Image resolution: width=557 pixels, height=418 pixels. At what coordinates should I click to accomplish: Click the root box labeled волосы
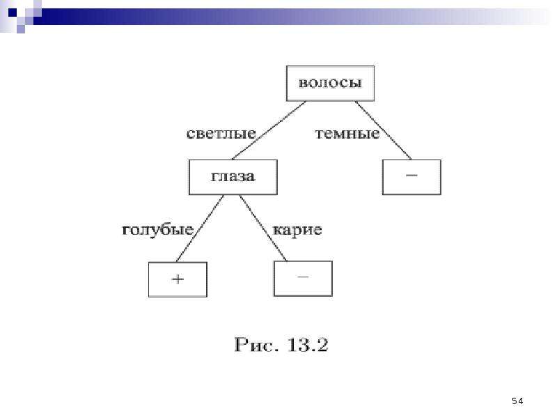point(330,83)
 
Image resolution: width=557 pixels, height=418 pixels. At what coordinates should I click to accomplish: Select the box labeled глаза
point(233,177)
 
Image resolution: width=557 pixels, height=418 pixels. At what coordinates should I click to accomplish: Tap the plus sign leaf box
point(178,279)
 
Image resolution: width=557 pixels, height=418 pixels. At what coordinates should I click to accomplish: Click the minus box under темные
point(411,177)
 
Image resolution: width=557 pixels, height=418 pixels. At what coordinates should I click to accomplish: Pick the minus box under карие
point(303,278)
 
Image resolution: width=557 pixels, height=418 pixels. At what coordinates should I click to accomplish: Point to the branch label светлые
point(221,134)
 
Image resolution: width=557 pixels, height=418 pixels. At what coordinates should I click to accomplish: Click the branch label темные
point(347,134)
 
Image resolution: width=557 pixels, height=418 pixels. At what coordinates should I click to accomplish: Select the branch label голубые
point(158,230)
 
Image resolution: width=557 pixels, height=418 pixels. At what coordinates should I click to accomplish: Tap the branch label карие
point(297,230)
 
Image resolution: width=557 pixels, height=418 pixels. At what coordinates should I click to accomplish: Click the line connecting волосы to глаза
point(269,130)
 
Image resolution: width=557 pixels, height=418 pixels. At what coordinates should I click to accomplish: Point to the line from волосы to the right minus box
point(384,130)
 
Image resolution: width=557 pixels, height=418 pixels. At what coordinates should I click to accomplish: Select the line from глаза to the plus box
point(200,229)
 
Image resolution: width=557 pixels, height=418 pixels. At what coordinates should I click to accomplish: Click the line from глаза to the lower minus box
point(263,228)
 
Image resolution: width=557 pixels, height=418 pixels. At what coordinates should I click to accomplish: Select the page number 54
point(517,401)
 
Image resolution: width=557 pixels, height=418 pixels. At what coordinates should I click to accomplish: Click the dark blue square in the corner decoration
point(13,13)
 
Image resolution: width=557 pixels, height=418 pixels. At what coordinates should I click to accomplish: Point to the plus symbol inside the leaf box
point(178,279)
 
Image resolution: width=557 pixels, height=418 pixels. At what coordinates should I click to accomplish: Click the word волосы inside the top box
point(330,83)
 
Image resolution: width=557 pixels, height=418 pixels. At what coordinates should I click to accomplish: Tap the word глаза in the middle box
point(233,177)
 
